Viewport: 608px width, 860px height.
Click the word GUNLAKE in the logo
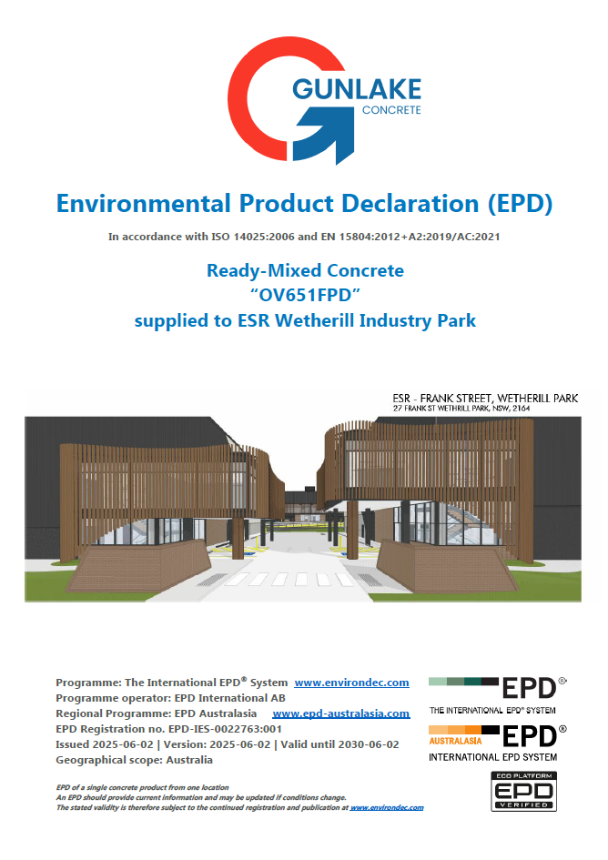point(357,89)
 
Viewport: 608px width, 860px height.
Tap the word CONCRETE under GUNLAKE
point(391,110)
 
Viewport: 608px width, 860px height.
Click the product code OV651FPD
point(305,295)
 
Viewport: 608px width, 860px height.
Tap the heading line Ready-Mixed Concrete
point(305,270)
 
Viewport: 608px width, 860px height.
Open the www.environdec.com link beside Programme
point(351,683)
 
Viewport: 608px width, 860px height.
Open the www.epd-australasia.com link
point(340,713)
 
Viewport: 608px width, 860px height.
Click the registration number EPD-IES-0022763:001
point(225,729)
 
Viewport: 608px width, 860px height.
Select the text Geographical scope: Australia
point(134,760)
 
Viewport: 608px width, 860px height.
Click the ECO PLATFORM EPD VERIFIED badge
point(523,792)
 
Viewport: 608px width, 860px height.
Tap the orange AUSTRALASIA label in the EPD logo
point(455,741)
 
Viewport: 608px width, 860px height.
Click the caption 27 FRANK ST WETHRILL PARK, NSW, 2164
point(461,409)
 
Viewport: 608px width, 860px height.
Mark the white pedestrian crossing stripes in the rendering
point(289,579)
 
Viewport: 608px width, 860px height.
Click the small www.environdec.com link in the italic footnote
point(387,807)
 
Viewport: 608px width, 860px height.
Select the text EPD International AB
point(230,698)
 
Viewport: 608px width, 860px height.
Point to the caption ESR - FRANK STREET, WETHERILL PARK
point(485,399)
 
